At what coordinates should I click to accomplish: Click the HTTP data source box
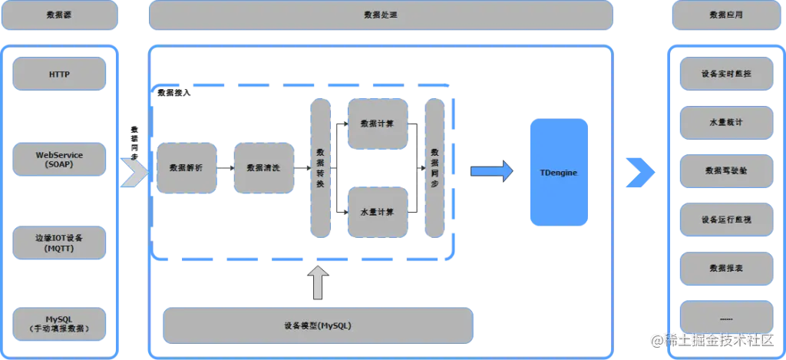point(59,74)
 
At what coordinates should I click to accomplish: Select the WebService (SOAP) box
point(59,160)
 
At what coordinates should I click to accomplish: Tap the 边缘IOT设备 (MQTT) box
point(59,243)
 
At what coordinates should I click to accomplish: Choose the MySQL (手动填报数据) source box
point(59,323)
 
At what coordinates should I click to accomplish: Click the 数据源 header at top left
point(59,15)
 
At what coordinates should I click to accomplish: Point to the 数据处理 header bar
point(381,15)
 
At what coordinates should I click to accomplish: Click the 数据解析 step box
point(187,167)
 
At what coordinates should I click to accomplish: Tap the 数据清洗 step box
point(263,167)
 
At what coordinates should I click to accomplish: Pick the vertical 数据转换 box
point(319,167)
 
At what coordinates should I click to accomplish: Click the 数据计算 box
point(377,123)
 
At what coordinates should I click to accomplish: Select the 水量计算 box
point(377,212)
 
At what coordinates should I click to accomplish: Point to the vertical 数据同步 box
point(434,167)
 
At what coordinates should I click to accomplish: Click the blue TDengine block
point(558,173)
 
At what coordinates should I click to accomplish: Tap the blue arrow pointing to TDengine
point(491,172)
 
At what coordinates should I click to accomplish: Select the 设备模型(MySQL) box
point(317,325)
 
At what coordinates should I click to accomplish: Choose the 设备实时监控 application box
point(726,74)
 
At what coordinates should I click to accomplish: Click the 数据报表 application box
point(726,269)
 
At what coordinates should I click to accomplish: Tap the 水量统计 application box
point(726,123)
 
